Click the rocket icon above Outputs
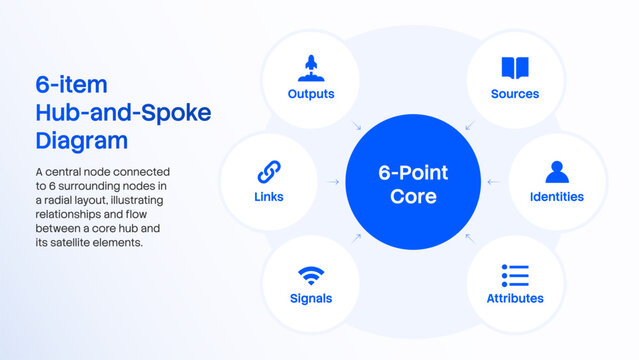311,68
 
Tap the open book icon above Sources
515,68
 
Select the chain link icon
269,172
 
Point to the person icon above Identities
557,172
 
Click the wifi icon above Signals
311,276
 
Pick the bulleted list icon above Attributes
515,275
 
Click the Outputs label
311,94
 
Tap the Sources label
515,94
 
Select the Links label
269,197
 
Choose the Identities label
557,197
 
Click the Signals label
311,298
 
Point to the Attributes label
515,298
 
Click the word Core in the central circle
413,196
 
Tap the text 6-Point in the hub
413,172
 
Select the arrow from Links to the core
334,182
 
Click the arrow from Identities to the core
494,182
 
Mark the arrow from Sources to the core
470,126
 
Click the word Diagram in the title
82,141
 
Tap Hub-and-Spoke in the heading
123,113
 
